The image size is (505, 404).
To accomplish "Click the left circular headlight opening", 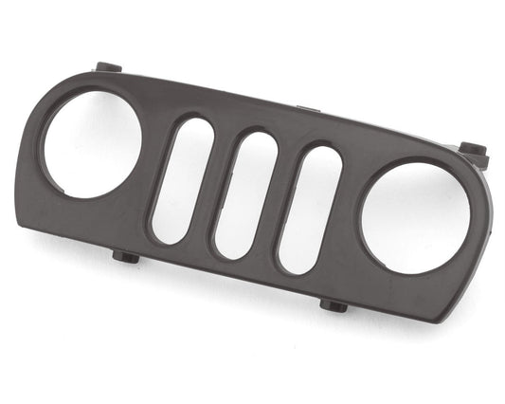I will pos(89,143).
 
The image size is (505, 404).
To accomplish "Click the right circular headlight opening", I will pos(414,217).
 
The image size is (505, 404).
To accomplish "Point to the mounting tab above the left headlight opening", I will pos(108,68).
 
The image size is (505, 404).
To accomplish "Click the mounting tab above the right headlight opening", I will pos(472,151).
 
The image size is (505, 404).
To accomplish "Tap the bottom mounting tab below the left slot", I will pos(125,256).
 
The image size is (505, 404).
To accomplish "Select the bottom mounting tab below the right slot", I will pos(334,304).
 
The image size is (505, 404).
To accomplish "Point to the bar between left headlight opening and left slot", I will pos(151,171).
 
